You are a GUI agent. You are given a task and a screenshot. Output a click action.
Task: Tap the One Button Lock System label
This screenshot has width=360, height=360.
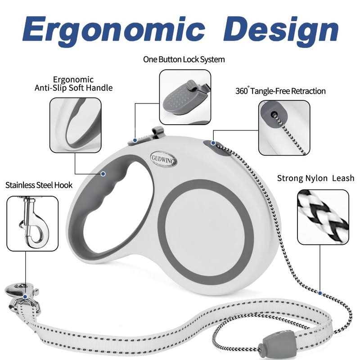184,59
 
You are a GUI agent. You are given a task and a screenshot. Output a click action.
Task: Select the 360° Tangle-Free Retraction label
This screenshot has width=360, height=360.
280,91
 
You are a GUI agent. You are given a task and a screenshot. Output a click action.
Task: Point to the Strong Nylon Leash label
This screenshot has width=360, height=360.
315,178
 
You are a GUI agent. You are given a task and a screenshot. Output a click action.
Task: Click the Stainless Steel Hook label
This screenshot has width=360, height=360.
39,184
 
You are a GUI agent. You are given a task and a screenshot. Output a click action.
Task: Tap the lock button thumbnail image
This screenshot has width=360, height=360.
185,97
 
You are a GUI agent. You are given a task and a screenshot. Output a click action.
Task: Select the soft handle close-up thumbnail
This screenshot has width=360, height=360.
75,126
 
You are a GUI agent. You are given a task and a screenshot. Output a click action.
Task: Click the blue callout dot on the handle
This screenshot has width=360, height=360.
103,173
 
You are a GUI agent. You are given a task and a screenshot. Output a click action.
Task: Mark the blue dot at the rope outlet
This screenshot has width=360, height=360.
213,143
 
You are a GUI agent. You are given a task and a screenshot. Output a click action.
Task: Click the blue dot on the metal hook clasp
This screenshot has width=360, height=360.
26,297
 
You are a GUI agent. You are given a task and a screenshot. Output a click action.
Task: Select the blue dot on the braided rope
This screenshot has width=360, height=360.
320,293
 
